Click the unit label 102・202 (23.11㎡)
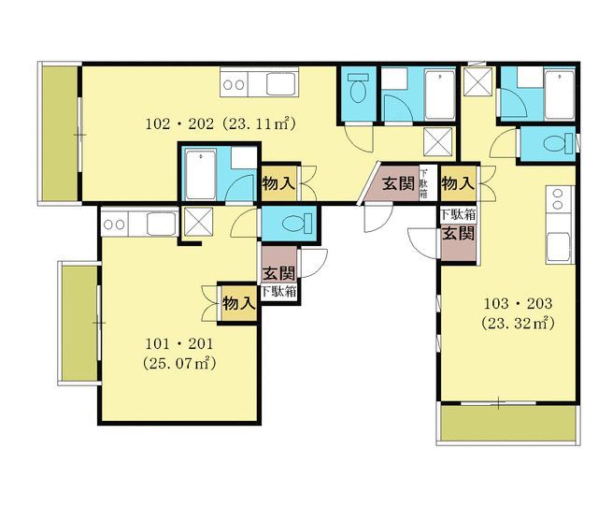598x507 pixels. click(x=221, y=124)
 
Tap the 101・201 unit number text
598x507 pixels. click(x=178, y=344)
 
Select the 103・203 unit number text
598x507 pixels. click(x=518, y=303)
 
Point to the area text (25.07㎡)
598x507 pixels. click(x=179, y=363)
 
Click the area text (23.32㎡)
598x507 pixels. click(x=518, y=324)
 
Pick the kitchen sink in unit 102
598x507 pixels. click(x=281, y=84)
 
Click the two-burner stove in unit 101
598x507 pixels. click(x=114, y=225)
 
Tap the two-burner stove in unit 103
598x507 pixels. click(x=557, y=199)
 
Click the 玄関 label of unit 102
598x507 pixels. click(x=398, y=183)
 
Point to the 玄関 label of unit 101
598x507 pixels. click(x=279, y=273)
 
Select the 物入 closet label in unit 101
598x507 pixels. click(x=239, y=303)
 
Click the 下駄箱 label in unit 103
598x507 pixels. click(x=458, y=214)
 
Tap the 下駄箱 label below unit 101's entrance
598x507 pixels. click(x=278, y=292)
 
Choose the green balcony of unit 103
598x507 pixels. click(x=508, y=423)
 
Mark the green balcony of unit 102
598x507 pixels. click(x=60, y=133)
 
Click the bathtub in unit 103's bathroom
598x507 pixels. click(x=560, y=95)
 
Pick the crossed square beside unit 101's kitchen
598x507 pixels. click(x=198, y=222)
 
